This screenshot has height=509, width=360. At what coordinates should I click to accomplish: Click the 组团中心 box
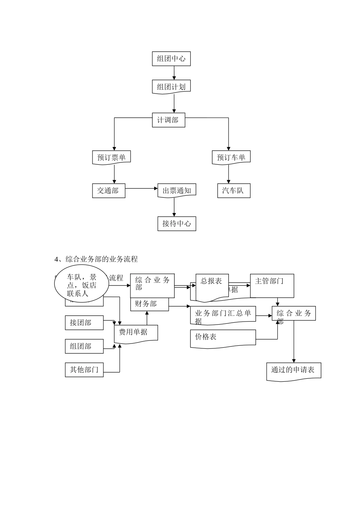(171, 59)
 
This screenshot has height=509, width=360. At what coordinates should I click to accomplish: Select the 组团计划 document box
(171, 87)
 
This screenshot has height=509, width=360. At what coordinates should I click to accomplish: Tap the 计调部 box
(168, 120)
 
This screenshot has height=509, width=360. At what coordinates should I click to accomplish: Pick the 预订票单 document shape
(111, 157)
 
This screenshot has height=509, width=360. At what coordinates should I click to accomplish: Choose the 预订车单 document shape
(231, 157)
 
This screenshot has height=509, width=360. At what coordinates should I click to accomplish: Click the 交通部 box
(108, 190)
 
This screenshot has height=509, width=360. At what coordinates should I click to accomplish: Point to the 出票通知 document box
(177, 190)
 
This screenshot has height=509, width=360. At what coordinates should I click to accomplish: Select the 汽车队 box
(233, 190)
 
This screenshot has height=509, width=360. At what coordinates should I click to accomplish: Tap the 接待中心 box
(177, 223)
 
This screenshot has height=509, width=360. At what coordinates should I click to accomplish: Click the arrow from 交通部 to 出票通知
(141, 188)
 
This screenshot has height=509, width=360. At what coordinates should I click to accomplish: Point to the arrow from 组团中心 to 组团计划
(174, 73)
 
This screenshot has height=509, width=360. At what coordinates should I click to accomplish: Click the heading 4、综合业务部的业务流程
(96, 259)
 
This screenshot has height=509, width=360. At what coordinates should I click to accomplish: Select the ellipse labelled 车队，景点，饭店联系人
(82, 286)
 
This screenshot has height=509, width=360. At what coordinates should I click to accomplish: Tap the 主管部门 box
(272, 285)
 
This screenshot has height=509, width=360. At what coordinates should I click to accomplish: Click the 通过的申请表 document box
(294, 370)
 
